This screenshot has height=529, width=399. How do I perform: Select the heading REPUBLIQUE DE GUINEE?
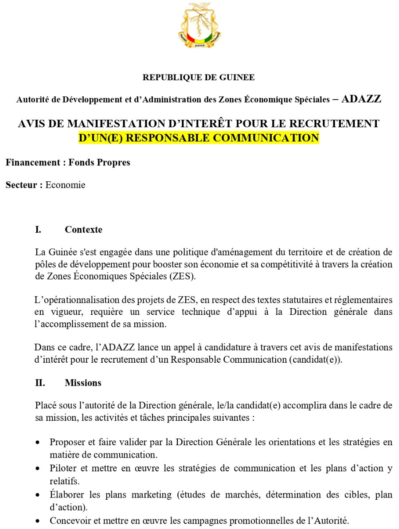[x=199, y=78]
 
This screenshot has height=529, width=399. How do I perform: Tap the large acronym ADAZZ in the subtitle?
[x=361, y=98]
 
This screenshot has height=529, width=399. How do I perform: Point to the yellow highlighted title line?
[x=199, y=138]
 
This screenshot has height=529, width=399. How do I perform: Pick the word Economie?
[x=65, y=185]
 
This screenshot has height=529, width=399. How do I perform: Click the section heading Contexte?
[x=83, y=230]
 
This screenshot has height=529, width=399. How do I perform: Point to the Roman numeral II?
[x=40, y=383]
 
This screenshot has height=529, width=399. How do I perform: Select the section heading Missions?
[x=83, y=383]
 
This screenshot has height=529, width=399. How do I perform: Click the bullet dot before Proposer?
[x=39, y=443]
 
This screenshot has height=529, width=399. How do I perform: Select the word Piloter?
[x=63, y=468]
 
